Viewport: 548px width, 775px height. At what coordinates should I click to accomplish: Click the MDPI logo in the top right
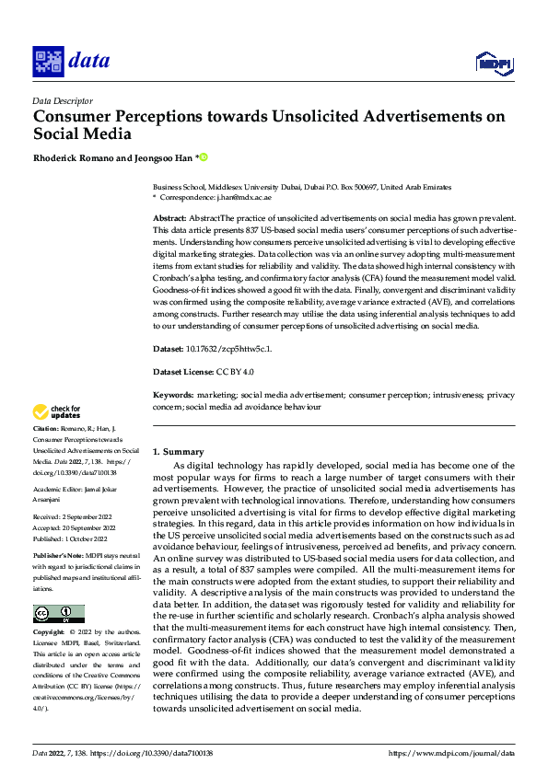pos(492,62)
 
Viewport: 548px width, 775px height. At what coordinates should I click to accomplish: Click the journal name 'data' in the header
pos(88,61)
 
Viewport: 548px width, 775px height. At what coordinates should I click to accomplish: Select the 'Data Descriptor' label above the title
pos(62,100)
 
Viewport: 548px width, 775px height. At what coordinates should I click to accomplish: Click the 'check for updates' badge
pos(56,411)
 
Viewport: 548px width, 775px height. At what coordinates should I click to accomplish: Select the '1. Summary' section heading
pos(178,452)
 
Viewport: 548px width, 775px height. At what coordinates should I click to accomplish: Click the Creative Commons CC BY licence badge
pos(58,614)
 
